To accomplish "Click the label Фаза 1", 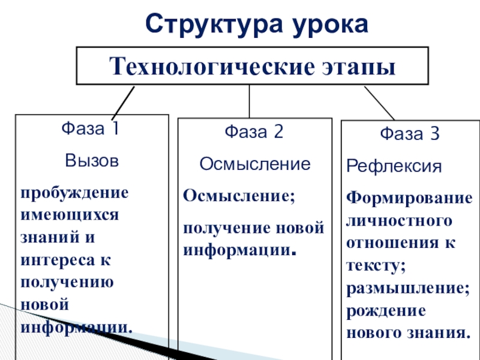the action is pyautogui.click(x=91, y=129).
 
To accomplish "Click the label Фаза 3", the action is pyautogui.click(x=410, y=134).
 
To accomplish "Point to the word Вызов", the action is pyautogui.click(x=91, y=161).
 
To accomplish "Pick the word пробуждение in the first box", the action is pyautogui.click(x=74, y=193).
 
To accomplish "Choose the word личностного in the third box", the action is pyautogui.click(x=400, y=221).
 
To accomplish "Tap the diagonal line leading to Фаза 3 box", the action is pyautogui.click(x=379, y=103).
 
